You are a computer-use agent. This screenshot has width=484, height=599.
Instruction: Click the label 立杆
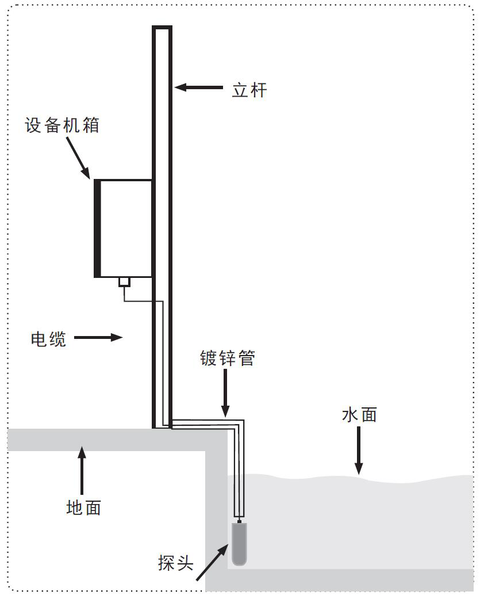tap(249, 90)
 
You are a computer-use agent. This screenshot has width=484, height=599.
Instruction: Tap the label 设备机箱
tap(62, 125)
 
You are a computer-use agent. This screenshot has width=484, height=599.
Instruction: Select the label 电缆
tap(48, 339)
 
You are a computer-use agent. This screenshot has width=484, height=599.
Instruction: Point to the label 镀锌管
tap(227, 358)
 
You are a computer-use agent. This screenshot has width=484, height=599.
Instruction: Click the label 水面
tap(359, 415)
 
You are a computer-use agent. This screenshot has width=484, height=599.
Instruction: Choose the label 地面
tap(83, 508)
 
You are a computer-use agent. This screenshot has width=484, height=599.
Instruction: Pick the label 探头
tap(175, 563)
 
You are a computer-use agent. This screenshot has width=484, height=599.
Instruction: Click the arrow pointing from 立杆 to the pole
tap(198, 87)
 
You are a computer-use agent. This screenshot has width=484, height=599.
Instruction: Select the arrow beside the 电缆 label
tap(98, 338)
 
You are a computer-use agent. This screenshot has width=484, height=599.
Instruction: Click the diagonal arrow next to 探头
tap(212, 563)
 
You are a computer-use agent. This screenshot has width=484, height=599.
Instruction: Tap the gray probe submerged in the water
tap(239, 543)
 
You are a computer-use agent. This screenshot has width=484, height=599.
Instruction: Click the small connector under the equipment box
tap(124, 282)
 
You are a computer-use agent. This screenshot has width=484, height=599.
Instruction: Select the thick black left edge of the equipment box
tap(98, 228)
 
